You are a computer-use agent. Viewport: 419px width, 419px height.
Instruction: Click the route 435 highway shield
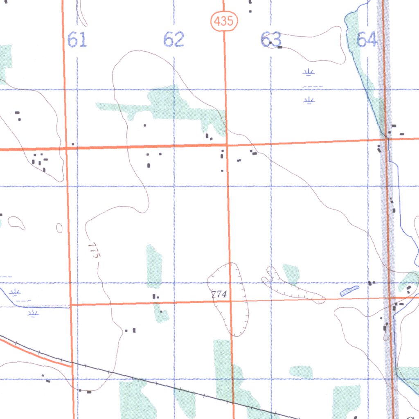(x=225, y=21)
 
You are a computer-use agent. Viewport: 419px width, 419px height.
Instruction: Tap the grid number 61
(x=77, y=41)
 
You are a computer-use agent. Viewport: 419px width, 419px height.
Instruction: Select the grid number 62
(x=174, y=40)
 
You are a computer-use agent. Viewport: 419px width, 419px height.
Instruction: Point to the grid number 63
(x=271, y=40)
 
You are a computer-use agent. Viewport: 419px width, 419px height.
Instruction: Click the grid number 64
(x=367, y=40)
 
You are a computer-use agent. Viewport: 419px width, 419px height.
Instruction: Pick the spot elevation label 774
(x=219, y=294)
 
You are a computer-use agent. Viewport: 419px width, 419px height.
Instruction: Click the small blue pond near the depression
(x=349, y=291)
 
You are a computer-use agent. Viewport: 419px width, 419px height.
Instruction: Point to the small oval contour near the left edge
(x=59, y=228)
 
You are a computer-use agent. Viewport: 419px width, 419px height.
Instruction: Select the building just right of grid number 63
(x=280, y=47)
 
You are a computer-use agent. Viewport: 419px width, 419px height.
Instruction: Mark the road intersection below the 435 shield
(x=226, y=144)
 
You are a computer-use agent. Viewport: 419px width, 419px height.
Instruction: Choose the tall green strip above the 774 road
(x=154, y=266)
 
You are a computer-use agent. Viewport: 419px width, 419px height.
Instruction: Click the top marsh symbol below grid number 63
(x=309, y=72)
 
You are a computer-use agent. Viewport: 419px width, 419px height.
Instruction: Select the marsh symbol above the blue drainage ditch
(x=16, y=292)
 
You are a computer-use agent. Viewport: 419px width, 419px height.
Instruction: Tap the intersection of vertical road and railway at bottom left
(x=72, y=363)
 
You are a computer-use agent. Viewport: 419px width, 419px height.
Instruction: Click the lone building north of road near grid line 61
(x=73, y=144)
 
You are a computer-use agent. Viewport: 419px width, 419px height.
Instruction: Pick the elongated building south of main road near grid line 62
(x=149, y=165)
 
